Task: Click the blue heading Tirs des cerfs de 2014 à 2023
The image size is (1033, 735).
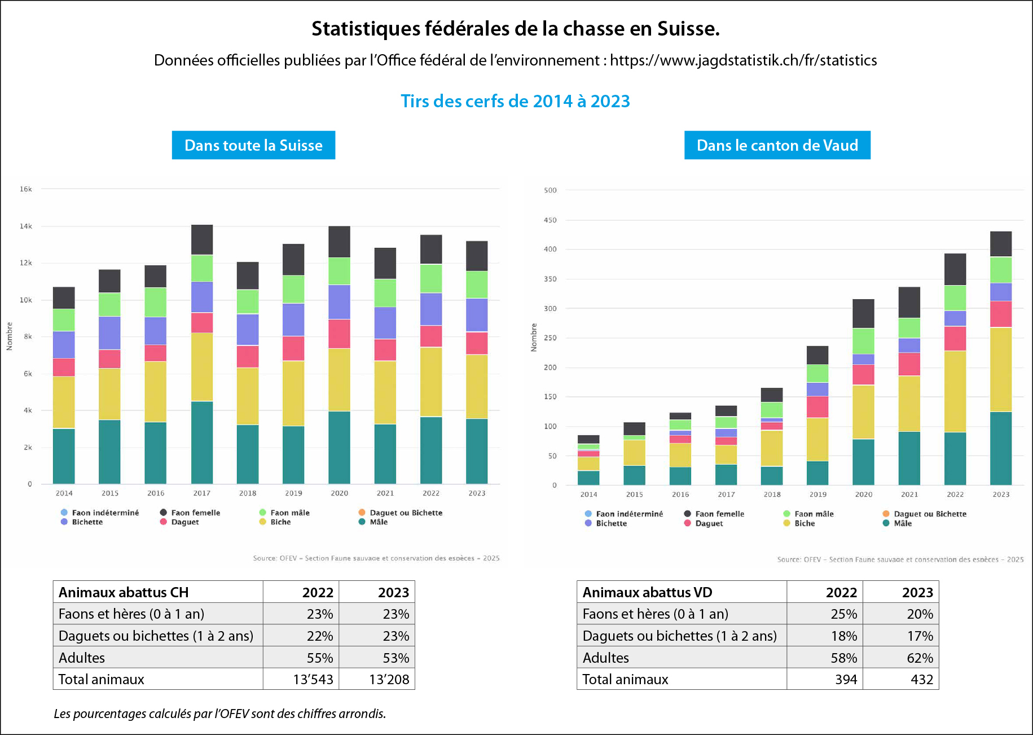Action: (x=515, y=101)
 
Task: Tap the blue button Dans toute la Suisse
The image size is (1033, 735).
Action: (x=253, y=145)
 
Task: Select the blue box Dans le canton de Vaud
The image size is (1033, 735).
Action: (x=777, y=145)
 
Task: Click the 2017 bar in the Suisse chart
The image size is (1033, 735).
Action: (x=202, y=355)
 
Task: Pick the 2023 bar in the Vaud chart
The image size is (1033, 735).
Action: (x=1000, y=358)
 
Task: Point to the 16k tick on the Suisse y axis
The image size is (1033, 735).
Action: (x=26, y=189)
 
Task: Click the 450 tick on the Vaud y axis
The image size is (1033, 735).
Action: (x=550, y=220)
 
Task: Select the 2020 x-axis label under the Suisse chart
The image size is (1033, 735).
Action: (x=339, y=493)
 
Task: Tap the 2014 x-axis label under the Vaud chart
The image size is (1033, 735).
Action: (x=588, y=495)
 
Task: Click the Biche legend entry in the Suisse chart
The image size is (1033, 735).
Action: (x=280, y=522)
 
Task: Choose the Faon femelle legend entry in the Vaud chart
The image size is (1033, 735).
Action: (x=719, y=514)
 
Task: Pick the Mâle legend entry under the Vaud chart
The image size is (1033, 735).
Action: (x=903, y=523)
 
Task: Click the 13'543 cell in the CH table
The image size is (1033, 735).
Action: (x=313, y=679)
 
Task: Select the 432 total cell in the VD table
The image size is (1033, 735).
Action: (x=921, y=679)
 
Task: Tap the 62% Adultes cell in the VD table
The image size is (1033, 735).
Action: (x=920, y=658)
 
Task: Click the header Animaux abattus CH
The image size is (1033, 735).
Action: (x=124, y=592)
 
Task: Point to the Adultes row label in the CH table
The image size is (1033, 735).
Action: (x=82, y=658)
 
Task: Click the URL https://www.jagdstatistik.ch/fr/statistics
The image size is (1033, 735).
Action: (x=743, y=60)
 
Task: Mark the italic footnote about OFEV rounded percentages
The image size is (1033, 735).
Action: (x=219, y=714)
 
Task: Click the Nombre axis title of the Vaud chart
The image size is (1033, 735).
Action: (x=534, y=338)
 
